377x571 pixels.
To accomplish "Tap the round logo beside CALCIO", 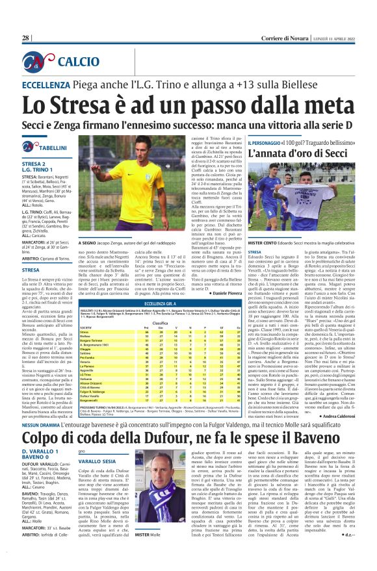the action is (40, 62).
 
